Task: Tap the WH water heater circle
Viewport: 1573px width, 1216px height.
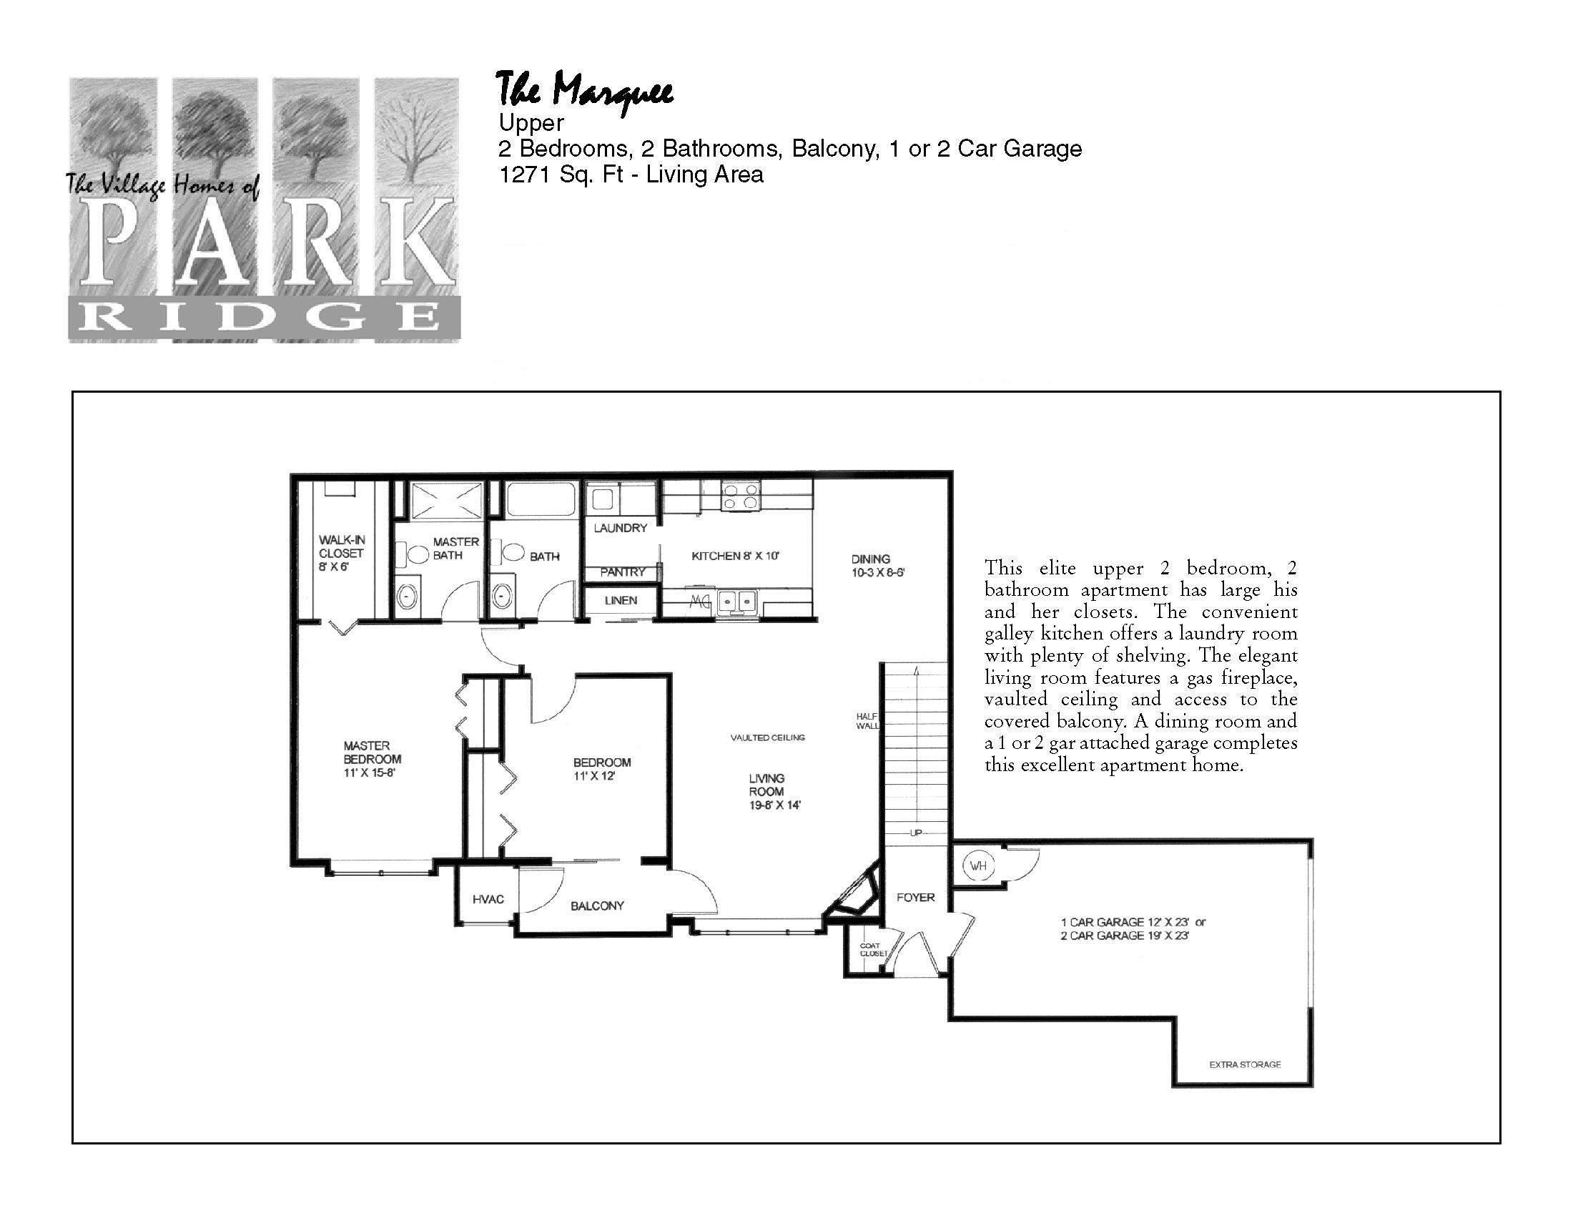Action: [x=977, y=866]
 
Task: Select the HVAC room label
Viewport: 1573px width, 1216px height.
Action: [x=488, y=899]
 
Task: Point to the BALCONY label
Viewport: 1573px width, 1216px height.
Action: [x=597, y=906]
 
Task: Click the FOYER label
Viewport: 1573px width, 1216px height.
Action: [x=915, y=898]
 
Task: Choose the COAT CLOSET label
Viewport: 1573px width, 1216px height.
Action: [x=873, y=949]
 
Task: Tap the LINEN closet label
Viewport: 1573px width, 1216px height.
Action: [x=620, y=600]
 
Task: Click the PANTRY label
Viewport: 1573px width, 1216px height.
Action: [x=623, y=572]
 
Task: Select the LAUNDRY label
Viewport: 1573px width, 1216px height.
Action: [x=620, y=528]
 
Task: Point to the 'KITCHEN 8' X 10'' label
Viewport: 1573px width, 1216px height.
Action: [x=735, y=556]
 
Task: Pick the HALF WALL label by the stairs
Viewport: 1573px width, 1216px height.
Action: [x=867, y=721]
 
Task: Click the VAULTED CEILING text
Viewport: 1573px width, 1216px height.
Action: [x=768, y=737]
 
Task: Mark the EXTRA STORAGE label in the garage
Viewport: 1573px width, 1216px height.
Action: [x=1245, y=1065]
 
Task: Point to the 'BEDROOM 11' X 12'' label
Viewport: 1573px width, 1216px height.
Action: [x=602, y=770]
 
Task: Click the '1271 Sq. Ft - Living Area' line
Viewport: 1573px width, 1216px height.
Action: [x=631, y=175]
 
